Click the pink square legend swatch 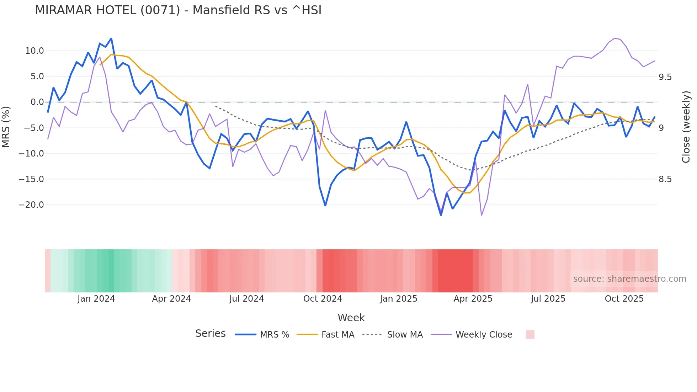(530, 334)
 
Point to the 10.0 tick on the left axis (34, 51)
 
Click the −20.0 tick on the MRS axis (31, 205)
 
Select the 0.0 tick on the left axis (37, 102)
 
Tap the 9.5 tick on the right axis (665, 77)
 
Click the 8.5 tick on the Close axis (665, 179)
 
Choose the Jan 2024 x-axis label (96, 299)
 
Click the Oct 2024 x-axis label (323, 299)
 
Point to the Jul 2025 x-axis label (548, 299)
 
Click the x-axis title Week (351, 318)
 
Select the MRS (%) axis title (6, 127)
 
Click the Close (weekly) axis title (686, 127)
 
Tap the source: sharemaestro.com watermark (629, 279)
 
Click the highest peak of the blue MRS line (111, 38)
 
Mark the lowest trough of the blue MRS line (441, 215)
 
